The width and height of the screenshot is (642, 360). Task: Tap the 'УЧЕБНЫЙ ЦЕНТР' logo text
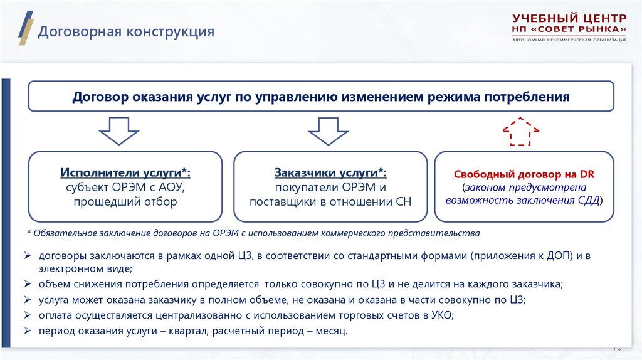pyautogui.click(x=569, y=18)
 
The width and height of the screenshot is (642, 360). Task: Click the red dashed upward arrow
pyautogui.click(x=520, y=131)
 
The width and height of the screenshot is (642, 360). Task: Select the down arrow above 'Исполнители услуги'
pyautogui.click(x=119, y=130)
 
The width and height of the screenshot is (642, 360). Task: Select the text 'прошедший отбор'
pyautogui.click(x=125, y=202)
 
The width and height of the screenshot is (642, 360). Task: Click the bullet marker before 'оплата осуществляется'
pyautogui.click(x=28, y=315)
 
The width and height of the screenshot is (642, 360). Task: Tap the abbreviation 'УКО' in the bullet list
pyautogui.click(x=441, y=315)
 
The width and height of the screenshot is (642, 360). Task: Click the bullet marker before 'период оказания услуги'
pyautogui.click(x=28, y=331)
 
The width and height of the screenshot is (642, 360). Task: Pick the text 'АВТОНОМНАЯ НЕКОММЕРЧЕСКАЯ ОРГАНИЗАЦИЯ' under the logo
pyautogui.click(x=569, y=40)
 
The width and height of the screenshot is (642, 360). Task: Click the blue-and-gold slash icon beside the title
pyautogui.click(x=24, y=28)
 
